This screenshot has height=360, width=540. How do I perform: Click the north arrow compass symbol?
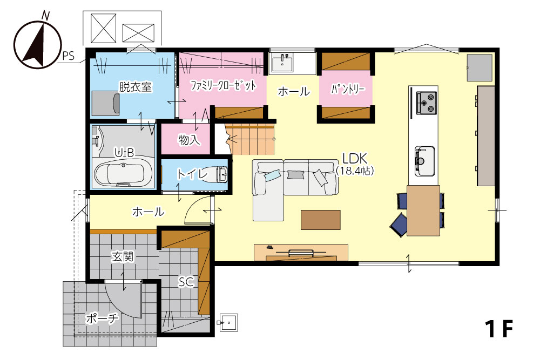[x=37, y=43]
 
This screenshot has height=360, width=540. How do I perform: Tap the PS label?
[x=68, y=56]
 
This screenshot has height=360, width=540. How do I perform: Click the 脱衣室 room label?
[x=136, y=87]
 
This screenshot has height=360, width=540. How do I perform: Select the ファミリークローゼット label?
[x=223, y=85]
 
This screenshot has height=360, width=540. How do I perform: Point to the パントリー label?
[x=347, y=89]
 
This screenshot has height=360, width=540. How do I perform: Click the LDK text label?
[x=355, y=159]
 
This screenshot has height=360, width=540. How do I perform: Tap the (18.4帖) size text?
[x=355, y=171]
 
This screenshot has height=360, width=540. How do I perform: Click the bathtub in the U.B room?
[x=119, y=173]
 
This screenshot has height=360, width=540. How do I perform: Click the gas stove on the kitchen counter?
[x=427, y=103]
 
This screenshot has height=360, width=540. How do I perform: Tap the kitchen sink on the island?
[x=424, y=161]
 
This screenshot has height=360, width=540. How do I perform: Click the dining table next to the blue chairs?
[x=423, y=210]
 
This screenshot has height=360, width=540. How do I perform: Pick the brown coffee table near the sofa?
[x=321, y=220]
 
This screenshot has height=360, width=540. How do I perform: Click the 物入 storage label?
[x=188, y=139]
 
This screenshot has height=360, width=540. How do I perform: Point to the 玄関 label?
[x=122, y=256]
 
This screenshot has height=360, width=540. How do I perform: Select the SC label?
[x=186, y=282]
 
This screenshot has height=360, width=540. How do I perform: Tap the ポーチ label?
[x=102, y=318]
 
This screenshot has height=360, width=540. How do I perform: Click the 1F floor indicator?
[x=499, y=328]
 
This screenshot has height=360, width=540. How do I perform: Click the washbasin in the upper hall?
[x=282, y=63]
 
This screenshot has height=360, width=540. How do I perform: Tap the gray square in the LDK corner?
[x=480, y=67]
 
